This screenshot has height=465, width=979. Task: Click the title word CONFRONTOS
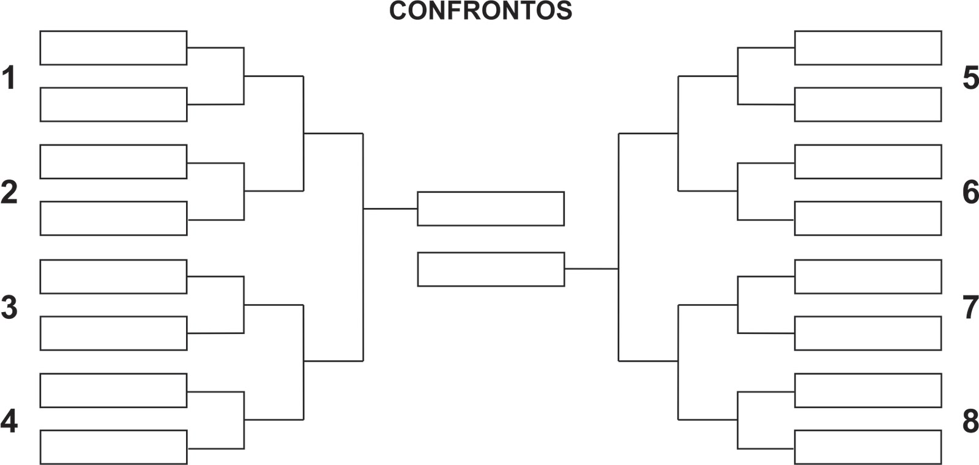pyautogui.click(x=480, y=10)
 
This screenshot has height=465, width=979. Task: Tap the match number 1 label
pyautogui.click(x=9, y=78)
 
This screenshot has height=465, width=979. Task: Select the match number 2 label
pyautogui.click(x=9, y=192)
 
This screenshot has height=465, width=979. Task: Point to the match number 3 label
pyautogui.click(x=9, y=307)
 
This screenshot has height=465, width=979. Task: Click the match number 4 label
pyautogui.click(x=9, y=421)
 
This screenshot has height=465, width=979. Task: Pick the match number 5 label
pyautogui.click(x=970, y=78)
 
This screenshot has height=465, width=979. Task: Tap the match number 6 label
pyautogui.click(x=970, y=192)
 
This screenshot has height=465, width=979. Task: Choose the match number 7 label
pyautogui.click(x=970, y=307)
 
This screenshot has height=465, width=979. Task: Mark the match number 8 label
pyautogui.click(x=970, y=421)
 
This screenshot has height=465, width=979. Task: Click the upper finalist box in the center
pyautogui.click(x=491, y=209)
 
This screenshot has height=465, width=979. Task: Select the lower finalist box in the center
pyautogui.click(x=491, y=269)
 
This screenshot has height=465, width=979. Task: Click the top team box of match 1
pyautogui.click(x=113, y=48)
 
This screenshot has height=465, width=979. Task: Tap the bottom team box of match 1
pyautogui.click(x=113, y=105)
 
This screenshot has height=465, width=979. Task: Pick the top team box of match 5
pyautogui.click(x=868, y=48)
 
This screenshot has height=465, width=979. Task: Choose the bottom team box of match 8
pyautogui.click(x=868, y=447)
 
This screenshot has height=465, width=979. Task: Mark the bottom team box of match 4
pyautogui.click(x=113, y=447)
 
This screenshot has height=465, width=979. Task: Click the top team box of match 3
pyautogui.click(x=113, y=277)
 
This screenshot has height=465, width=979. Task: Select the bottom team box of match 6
pyautogui.click(x=868, y=218)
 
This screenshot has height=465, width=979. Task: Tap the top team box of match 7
pyautogui.click(x=868, y=277)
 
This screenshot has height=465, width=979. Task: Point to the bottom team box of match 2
pyautogui.click(x=113, y=218)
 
